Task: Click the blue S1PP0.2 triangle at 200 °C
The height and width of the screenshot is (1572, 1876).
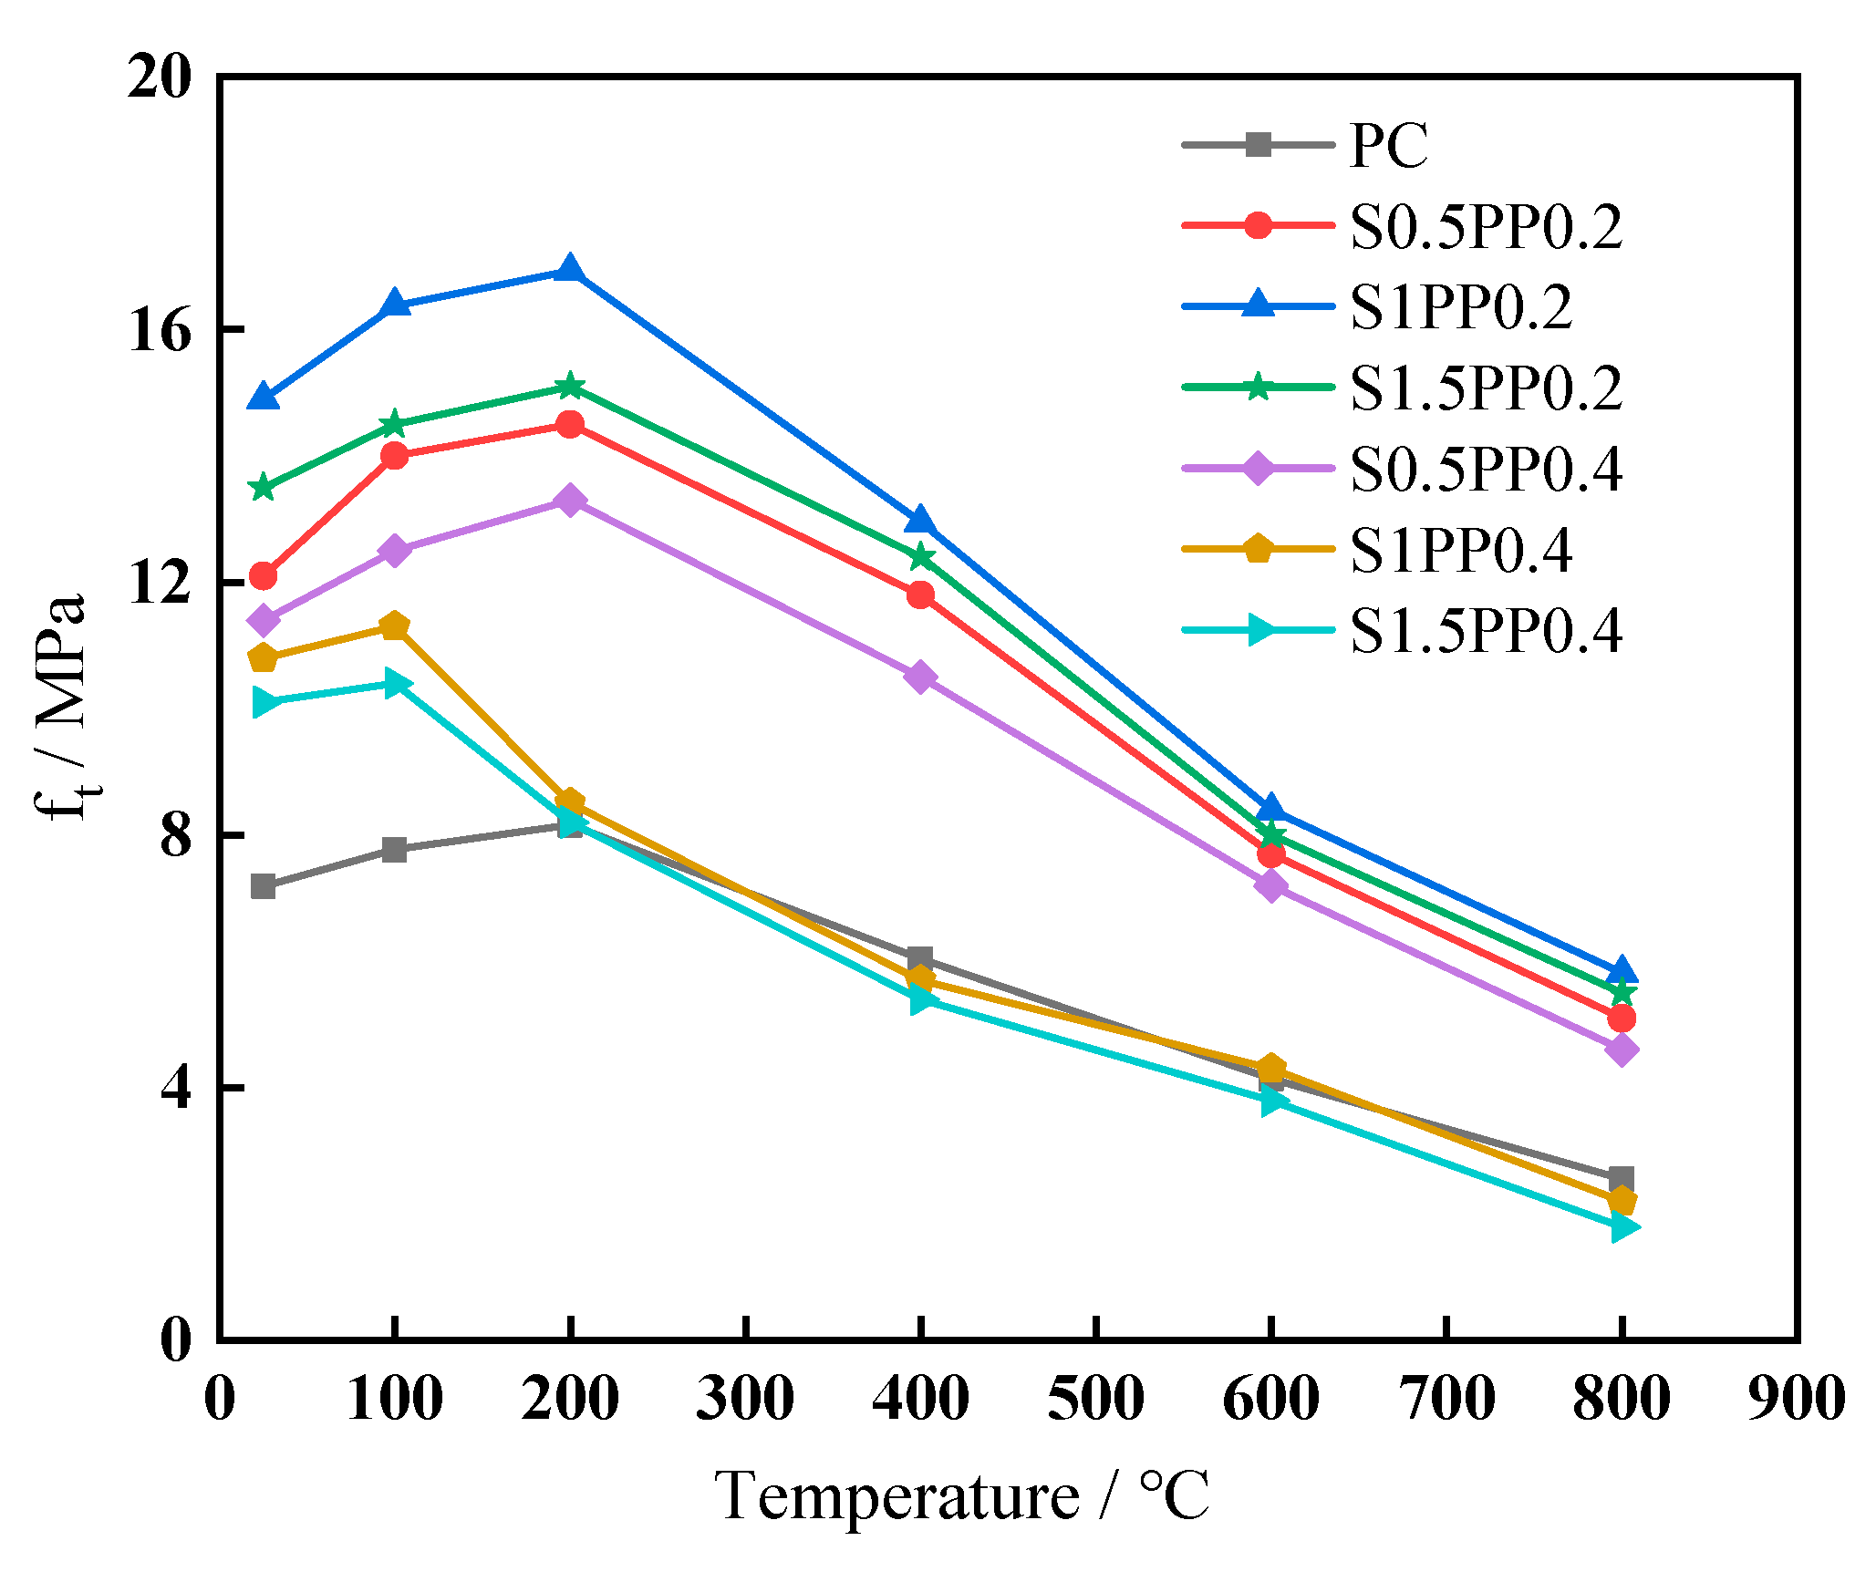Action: pos(570,270)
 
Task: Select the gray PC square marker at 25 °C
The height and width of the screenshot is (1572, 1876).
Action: pos(264,885)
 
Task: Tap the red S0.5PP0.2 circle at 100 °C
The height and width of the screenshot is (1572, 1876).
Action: pos(395,455)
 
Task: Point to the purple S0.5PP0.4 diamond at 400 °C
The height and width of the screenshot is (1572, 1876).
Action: pos(920,677)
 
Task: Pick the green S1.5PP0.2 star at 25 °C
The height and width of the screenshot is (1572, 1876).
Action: pos(264,488)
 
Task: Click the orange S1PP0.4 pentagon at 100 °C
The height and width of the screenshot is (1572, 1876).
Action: pos(394,626)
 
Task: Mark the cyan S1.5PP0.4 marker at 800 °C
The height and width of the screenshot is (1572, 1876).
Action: pos(1622,1226)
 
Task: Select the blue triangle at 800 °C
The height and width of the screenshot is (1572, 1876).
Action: pos(1622,970)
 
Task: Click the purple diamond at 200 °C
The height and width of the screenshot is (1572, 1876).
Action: pos(570,501)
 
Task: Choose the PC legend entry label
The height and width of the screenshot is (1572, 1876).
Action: pos(1388,145)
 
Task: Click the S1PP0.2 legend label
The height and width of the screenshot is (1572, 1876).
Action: pos(1461,307)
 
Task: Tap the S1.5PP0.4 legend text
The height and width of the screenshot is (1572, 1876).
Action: pos(1486,631)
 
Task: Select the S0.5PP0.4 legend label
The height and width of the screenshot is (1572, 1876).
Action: pos(1486,469)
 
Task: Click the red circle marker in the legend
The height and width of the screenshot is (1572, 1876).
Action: pos(1259,225)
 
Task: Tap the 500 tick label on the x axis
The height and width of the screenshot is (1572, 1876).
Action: pos(1095,1399)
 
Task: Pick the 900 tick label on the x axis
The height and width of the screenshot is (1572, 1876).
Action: pos(1796,1399)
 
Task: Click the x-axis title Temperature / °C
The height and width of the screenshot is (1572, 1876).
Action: pos(962,1495)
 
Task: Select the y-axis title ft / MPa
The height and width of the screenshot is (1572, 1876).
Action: pos(64,707)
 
